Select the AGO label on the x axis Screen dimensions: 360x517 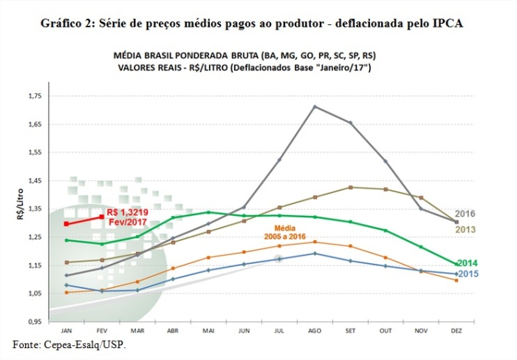pos(315,330)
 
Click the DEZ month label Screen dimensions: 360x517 pos(456,330)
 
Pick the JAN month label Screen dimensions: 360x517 pos(66,330)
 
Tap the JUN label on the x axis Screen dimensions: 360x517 pos(244,330)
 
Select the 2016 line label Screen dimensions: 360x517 pos(465,214)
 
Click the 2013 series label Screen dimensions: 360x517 pos(465,229)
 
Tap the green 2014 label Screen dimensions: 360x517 pos(468,262)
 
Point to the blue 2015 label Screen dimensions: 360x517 pos(468,274)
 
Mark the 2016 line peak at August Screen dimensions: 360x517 pos(315,106)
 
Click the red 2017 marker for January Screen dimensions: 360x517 pos(66,223)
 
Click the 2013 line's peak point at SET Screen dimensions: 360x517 pos(350,187)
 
